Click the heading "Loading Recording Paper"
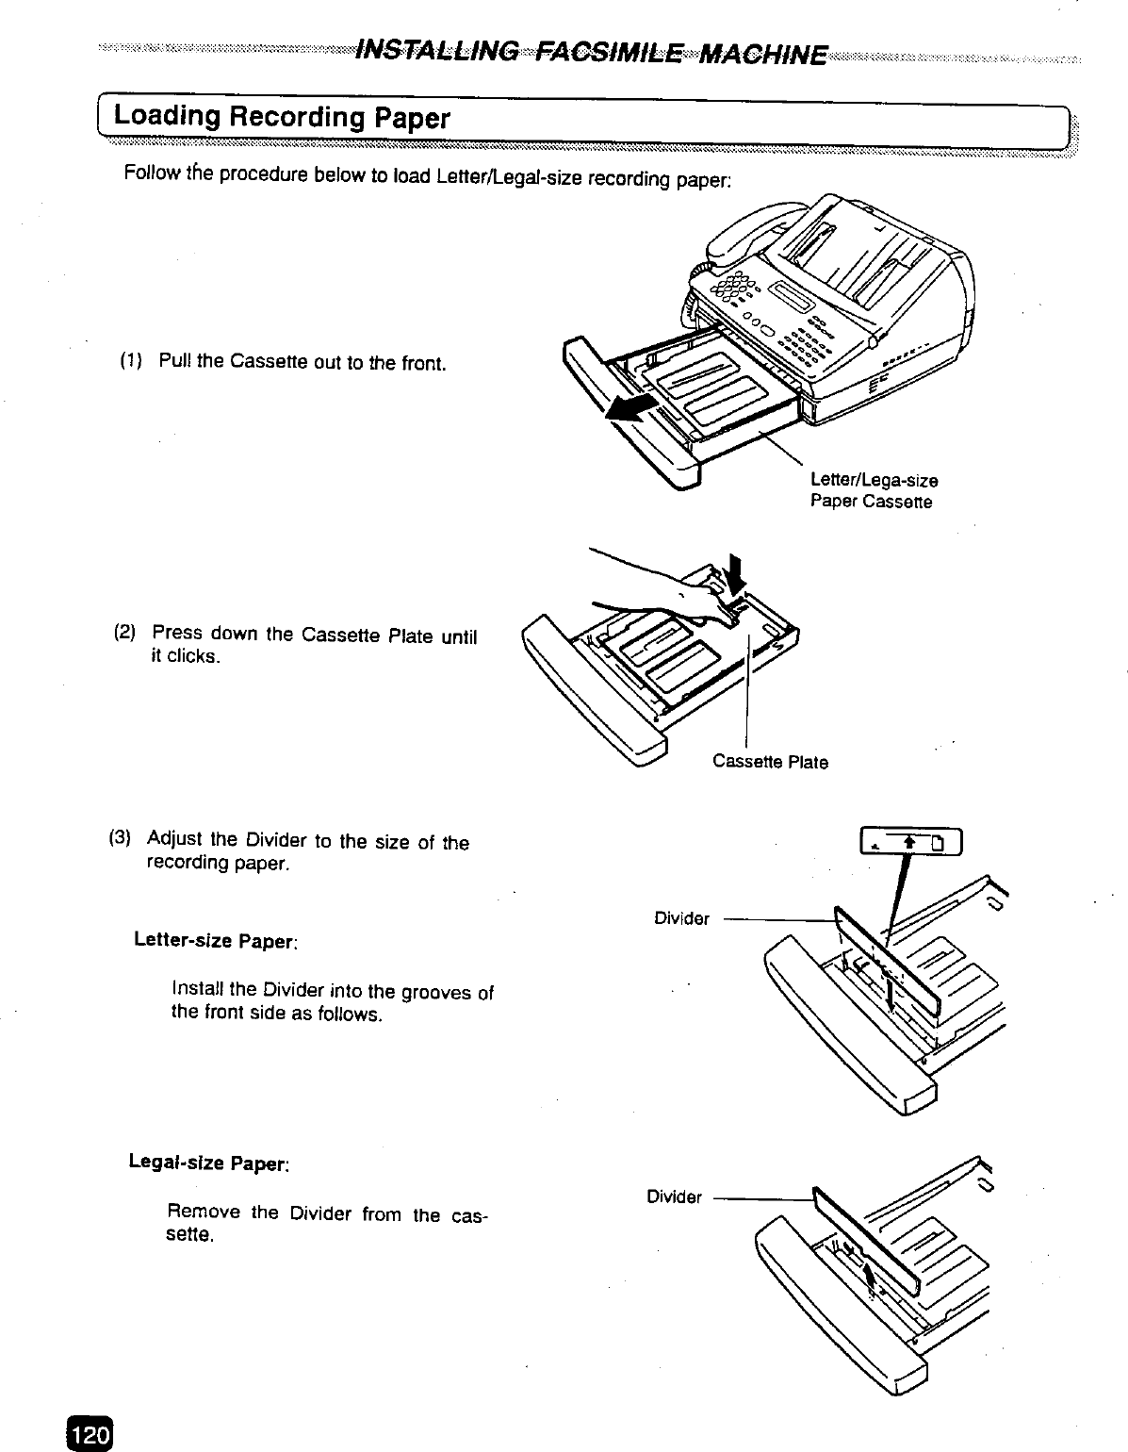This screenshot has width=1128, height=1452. [282, 118]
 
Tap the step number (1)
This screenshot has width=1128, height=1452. [130, 361]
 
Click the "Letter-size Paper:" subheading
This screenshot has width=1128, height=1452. [217, 940]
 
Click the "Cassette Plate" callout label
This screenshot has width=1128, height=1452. [770, 762]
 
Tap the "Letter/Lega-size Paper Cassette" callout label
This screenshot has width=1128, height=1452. [873, 491]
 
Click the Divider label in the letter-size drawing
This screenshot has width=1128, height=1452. [681, 918]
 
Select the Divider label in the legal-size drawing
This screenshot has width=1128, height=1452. [674, 1197]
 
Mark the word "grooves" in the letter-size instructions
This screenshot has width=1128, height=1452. [437, 991]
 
